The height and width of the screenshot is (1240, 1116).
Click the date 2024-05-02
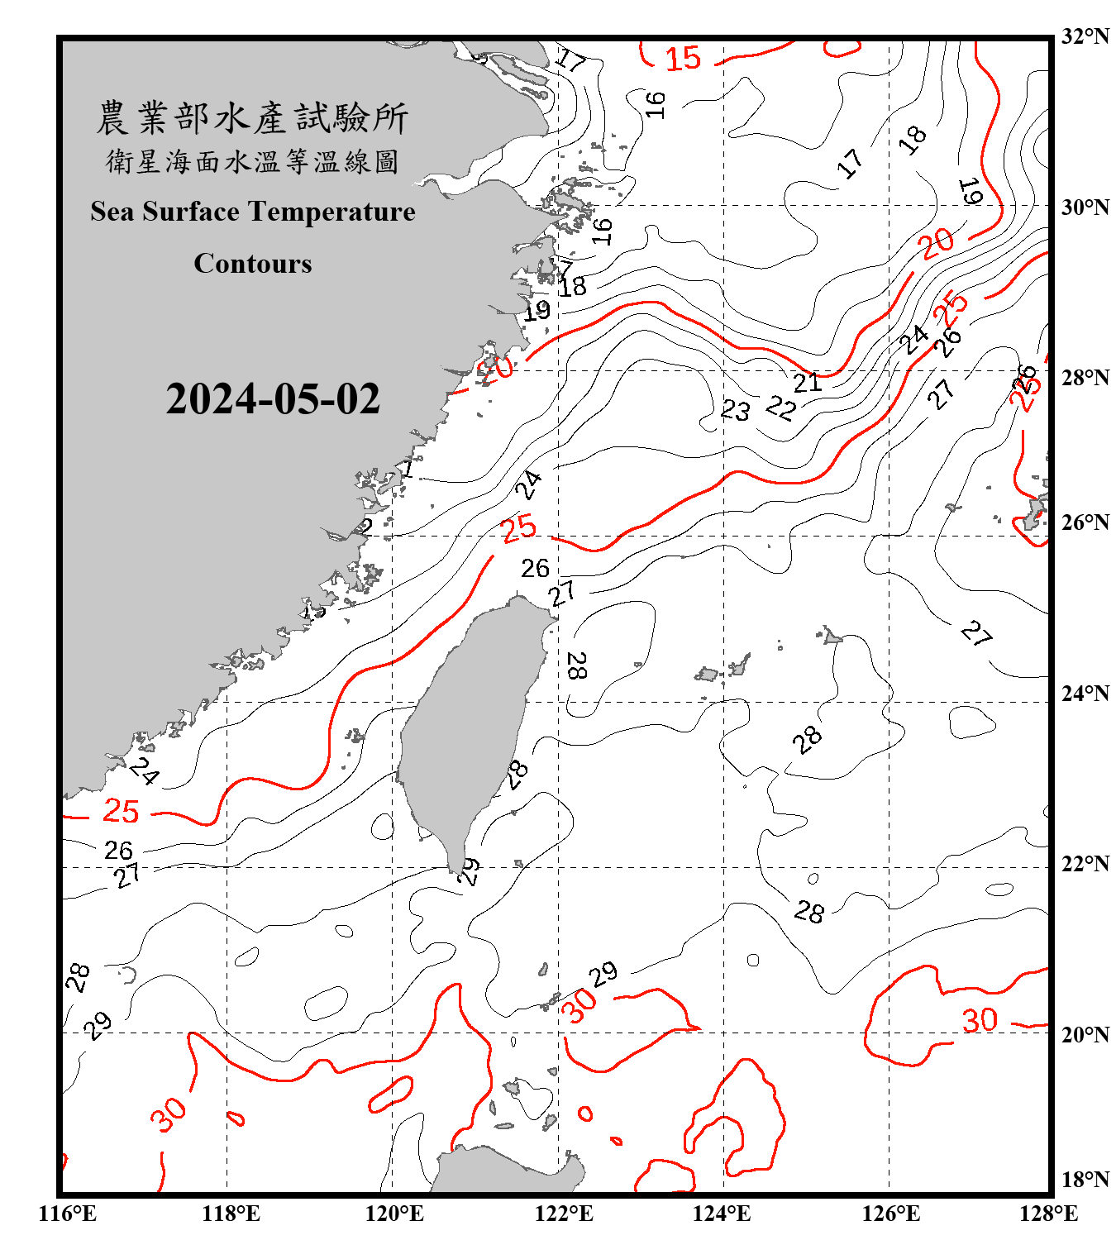click(x=273, y=399)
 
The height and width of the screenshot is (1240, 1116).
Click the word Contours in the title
click(x=253, y=264)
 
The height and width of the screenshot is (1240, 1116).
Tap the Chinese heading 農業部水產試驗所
click(x=252, y=118)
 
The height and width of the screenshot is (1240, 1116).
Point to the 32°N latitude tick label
click(x=1085, y=36)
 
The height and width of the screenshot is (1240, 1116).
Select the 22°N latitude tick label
click(x=1085, y=864)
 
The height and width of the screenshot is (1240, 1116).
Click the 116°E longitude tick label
click(x=67, y=1214)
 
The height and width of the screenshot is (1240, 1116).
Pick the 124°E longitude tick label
click(x=722, y=1214)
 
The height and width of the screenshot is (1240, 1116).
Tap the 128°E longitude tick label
click(x=1048, y=1214)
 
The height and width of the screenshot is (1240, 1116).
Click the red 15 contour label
click(x=684, y=59)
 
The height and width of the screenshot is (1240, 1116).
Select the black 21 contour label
click(x=808, y=383)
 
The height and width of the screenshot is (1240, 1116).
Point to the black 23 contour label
click(x=736, y=410)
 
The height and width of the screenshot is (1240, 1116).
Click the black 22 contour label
click(x=781, y=407)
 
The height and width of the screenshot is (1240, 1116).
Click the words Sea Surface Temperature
click(x=253, y=212)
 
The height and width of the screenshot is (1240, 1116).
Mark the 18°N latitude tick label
click(x=1085, y=1180)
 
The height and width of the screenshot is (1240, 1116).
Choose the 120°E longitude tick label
click(x=394, y=1214)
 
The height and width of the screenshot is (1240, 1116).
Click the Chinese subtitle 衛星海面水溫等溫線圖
click(x=252, y=162)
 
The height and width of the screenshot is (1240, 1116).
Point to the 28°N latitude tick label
click(x=1085, y=378)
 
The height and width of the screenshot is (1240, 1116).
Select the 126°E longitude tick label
click(x=890, y=1214)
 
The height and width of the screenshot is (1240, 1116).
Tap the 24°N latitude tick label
click(x=1085, y=694)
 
